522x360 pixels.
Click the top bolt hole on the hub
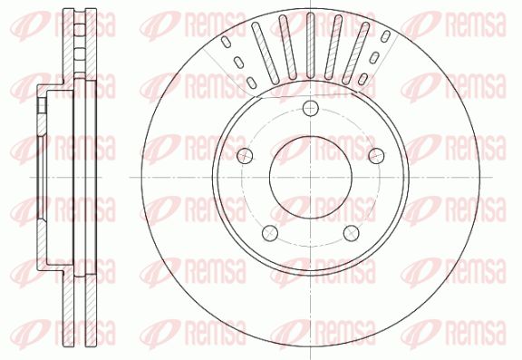click(311, 108)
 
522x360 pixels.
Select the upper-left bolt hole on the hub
click(245, 156)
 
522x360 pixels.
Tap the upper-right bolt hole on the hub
click(376, 156)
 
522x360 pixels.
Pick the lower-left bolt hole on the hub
click(270, 233)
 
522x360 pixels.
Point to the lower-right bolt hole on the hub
click(352, 233)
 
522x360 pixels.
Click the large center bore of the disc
click(311, 177)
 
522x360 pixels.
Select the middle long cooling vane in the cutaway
click(311, 45)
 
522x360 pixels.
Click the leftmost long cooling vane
click(266, 54)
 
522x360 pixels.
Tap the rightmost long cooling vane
click(356, 54)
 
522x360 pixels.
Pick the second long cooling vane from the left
click(288, 48)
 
